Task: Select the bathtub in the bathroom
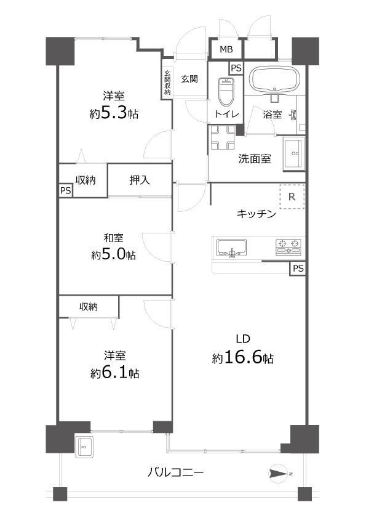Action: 274,78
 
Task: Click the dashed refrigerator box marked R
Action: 292,197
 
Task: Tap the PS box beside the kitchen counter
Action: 297,269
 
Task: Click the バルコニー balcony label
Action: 175,473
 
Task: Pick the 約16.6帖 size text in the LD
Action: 243,358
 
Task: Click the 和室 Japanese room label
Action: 113,238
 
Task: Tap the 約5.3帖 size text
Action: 113,113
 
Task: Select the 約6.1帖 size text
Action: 114,373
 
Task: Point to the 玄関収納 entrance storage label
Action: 167,83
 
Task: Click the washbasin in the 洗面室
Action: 294,152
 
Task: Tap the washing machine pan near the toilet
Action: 223,136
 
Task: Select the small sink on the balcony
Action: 84,446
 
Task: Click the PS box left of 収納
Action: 65,191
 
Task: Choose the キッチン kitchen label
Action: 257,214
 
